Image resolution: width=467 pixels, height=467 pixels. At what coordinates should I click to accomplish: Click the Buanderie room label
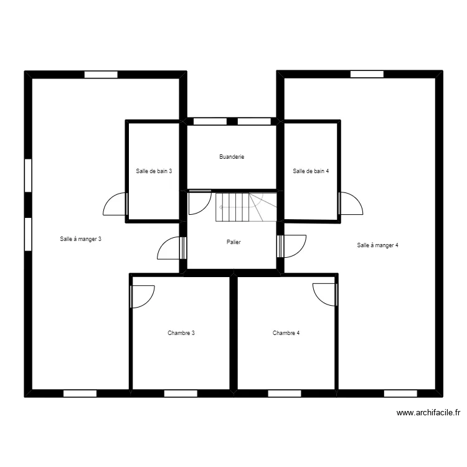coord(232,157)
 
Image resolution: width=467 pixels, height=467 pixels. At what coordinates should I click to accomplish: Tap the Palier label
coord(233,242)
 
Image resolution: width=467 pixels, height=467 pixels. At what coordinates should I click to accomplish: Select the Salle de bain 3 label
coord(154,171)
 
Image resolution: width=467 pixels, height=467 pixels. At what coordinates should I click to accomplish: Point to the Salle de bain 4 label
coord(311,171)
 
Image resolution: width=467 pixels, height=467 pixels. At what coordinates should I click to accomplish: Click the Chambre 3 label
coord(181,333)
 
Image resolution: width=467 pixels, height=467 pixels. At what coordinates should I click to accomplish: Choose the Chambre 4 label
coord(286,333)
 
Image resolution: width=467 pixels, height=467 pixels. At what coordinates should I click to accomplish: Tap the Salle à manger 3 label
coord(81,239)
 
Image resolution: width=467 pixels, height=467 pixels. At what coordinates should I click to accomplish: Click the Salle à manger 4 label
coord(378,245)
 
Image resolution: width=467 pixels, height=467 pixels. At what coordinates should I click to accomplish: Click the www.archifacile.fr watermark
coord(428,413)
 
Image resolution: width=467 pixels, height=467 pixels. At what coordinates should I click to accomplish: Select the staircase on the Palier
coord(247,207)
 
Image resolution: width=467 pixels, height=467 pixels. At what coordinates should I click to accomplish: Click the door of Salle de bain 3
coord(116,204)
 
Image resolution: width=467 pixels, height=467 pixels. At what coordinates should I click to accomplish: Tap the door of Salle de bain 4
coord(351,203)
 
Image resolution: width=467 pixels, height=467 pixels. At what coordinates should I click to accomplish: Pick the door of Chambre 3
coord(143,296)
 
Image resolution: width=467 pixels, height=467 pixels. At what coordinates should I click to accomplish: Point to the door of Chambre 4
coord(325,295)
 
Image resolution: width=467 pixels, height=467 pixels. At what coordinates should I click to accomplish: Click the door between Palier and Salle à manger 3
coord(172,248)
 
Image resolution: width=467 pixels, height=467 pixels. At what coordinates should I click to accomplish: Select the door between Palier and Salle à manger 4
coord(291,246)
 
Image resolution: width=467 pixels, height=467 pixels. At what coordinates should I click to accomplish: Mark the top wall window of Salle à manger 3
coord(101,75)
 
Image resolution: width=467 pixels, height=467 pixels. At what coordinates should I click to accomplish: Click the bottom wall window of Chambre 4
coord(285,394)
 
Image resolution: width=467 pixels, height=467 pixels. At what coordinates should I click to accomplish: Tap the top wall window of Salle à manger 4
coord(367,74)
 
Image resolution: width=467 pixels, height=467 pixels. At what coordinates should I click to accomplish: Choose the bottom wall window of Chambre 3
coord(181,394)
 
